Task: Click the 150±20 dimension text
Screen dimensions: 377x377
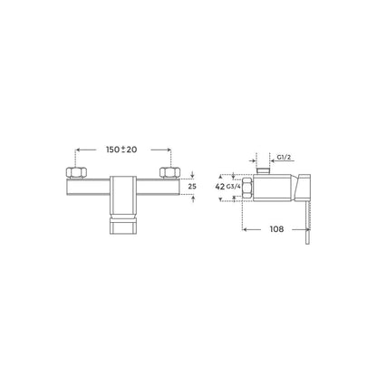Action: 121,150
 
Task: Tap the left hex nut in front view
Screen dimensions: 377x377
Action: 76,172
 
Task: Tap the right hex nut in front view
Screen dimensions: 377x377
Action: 169,172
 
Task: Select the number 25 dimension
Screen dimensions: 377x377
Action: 192,187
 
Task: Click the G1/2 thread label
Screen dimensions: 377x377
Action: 284,157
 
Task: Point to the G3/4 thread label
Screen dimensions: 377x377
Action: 234,187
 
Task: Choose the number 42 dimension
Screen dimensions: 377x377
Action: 219,187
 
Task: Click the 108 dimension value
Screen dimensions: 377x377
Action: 276,229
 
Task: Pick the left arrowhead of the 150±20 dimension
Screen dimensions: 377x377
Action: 77,150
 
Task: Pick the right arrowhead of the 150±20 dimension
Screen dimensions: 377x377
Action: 169,150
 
